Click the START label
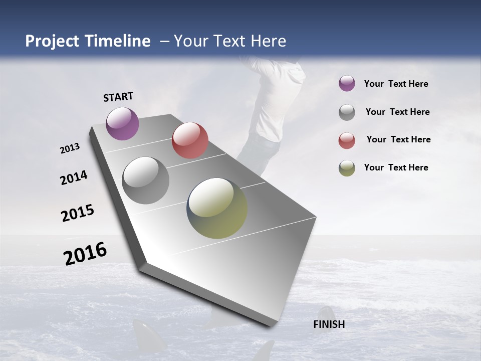pos(118,97)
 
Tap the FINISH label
pos(329,324)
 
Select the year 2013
pos(70,148)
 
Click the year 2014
pos(74,178)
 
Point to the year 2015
pos(78,213)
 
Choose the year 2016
pos(85,254)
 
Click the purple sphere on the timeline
pos(122,123)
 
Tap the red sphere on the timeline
pos(190,140)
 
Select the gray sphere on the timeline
pos(146,180)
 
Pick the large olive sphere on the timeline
pos(217,208)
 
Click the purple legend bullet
pos(347,83)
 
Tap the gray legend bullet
pos(347,112)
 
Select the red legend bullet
pos(347,140)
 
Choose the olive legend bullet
pos(347,168)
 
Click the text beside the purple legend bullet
pos(396,84)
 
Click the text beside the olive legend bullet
pos(396,167)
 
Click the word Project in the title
pos(54,41)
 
